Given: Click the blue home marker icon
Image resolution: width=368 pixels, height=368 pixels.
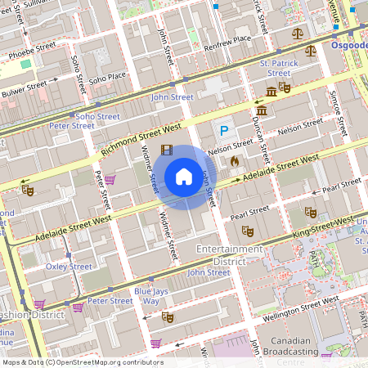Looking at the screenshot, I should click(x=184, y=176).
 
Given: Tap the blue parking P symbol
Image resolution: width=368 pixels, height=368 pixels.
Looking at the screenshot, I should click(x=222, y=131).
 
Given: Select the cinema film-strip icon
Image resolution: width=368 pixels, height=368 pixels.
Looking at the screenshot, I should click(x=167, y=150).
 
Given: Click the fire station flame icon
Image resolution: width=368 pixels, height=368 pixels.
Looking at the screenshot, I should click(x=236, y=162).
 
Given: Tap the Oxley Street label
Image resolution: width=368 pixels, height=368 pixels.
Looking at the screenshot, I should click(x=69, y=267).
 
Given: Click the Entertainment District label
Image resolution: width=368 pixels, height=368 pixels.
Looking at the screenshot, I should click(x=229, y=254).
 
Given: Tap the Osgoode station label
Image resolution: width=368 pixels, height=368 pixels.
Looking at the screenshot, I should click(x=349, y=46).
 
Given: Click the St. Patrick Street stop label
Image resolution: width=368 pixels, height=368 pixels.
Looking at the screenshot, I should click(x=275, y=68).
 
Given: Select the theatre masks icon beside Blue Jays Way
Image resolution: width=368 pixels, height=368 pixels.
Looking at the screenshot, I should click(x=168, y=316).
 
